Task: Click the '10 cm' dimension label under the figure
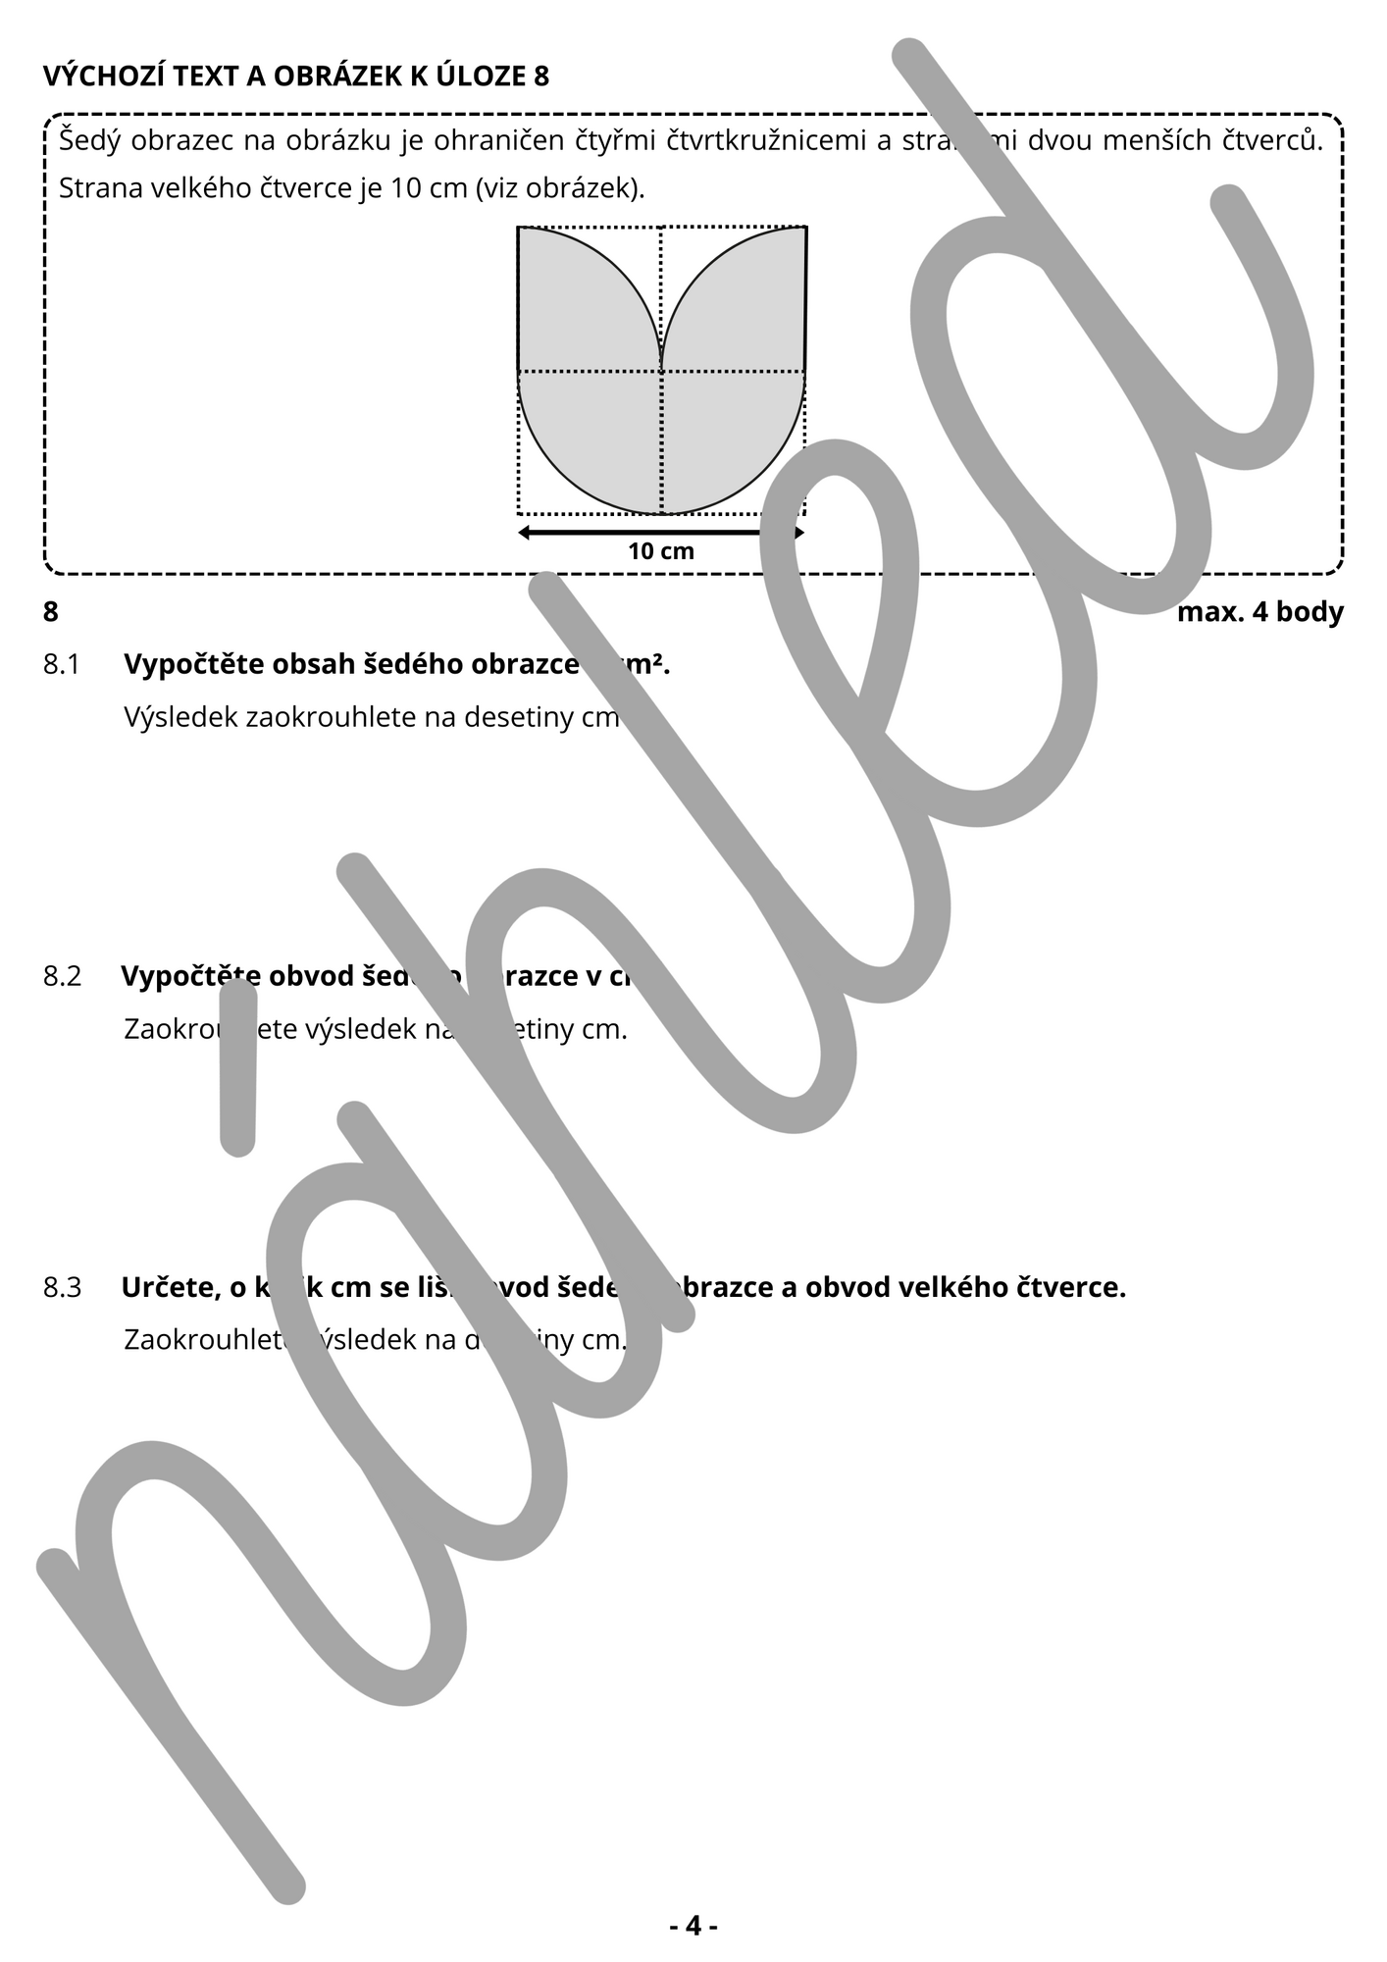[x=661, y=552]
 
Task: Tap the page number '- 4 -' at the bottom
[x=693, y=1926]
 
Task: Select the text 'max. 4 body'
[x=1259, y=612]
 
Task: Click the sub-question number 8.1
[x=61, y=665]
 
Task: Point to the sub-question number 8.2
[x=62, y=977]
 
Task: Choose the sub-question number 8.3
[x=62, y=1287]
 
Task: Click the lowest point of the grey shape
[x=662, y=512]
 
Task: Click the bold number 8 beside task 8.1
[x=51, y=612]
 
